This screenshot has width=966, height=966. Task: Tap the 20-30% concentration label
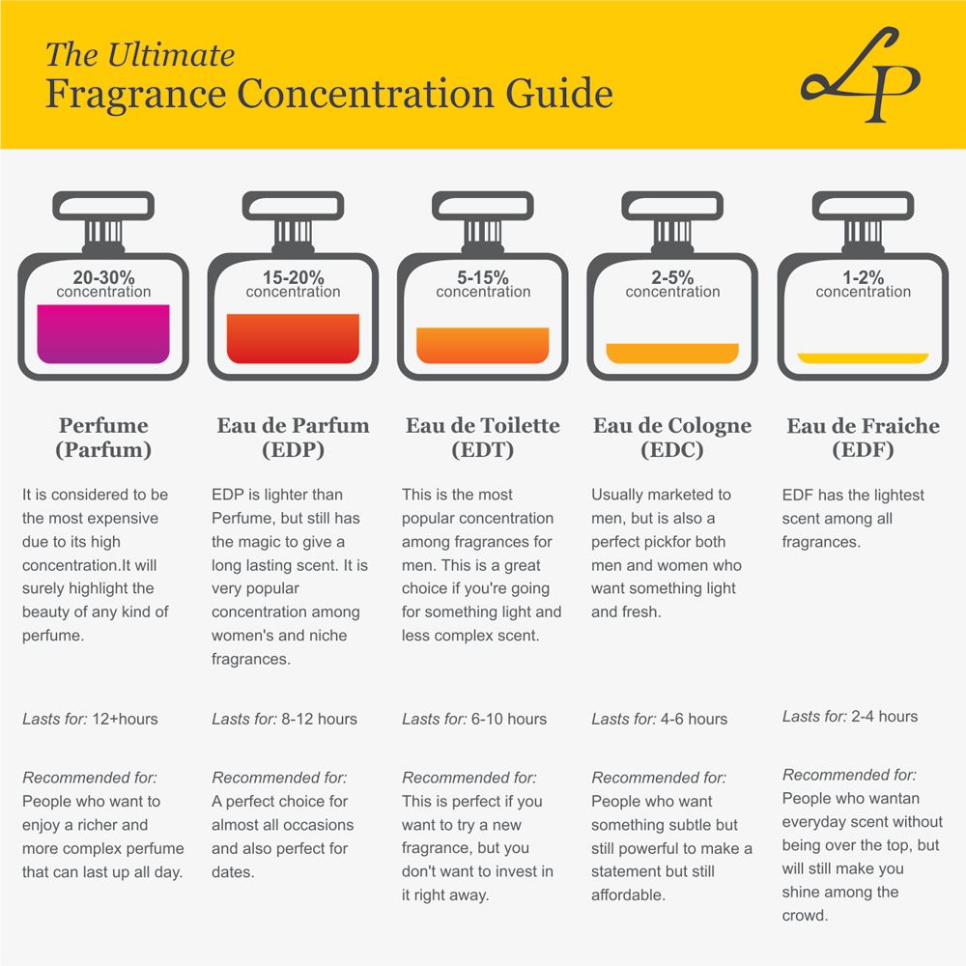[x=102, y=278]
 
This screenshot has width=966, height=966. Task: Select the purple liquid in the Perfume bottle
[x=102, y=333]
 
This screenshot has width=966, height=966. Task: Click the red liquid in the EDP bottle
[x=293, y=338]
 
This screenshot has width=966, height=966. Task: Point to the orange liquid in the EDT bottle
[x=482, y=345]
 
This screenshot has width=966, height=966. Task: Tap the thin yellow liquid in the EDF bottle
[x=863, y=357]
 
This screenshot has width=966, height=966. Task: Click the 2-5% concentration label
[x=672, y=278]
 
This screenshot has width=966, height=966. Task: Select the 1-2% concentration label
[x=863, y=278]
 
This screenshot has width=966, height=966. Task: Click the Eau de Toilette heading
[x=482, y=426]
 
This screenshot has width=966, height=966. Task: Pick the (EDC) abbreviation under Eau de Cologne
[x=672, y=450]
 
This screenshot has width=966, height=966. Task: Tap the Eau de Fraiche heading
[x=863, y=426]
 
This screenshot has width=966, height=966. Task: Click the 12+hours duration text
[x=125, y=719]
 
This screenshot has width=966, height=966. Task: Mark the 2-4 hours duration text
[x=885, y=717]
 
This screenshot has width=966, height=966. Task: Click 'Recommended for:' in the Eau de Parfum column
[x=279, y=778]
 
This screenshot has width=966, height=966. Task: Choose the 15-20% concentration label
[x=293, y=278]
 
